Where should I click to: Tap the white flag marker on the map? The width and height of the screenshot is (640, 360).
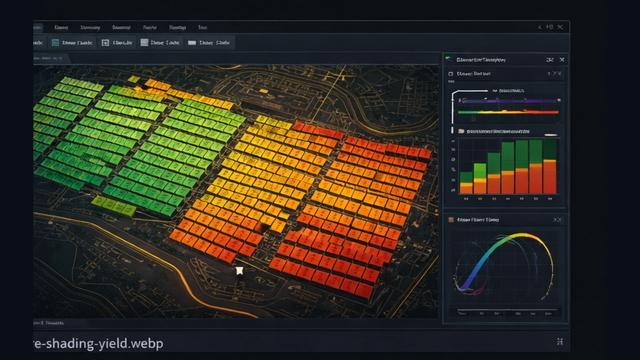[239, 271]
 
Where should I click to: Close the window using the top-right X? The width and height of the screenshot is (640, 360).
[560, 27]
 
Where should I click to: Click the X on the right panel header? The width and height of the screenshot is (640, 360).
[562, 60]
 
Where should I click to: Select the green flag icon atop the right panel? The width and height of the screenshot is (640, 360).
[449, 59]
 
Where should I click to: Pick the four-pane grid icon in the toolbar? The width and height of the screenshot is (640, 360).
[105, 43]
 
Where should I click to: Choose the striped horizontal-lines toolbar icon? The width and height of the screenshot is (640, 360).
[144, 42]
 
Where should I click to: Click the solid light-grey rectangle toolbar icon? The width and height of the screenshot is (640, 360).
[192, 43]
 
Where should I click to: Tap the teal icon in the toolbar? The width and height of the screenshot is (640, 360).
[55, 43]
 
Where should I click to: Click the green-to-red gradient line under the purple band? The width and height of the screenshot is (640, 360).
[508, 112]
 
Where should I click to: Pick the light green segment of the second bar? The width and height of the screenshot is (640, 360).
[480, 171]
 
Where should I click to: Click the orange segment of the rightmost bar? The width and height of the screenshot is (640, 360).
[550, 177]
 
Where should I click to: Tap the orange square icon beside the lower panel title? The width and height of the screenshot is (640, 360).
[451, 220]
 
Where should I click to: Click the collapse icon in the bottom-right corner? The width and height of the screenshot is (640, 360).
[560, 341]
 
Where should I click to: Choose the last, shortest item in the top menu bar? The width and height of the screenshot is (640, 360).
[203, 27]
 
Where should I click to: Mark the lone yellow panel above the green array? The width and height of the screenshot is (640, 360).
[134, 79]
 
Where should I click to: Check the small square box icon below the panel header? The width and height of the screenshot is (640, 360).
[451, 74]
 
